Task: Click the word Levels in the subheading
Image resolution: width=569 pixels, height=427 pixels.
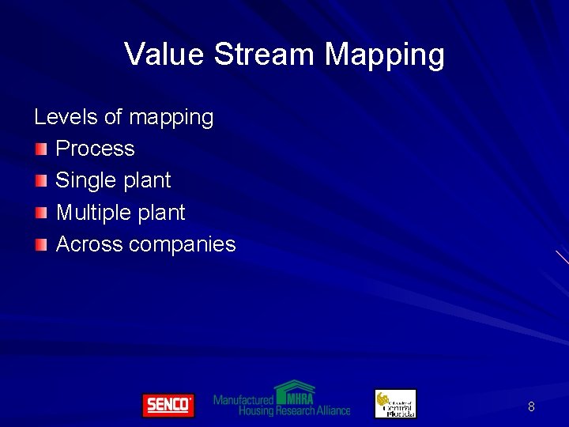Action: (66, 117)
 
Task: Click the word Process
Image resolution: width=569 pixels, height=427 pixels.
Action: (96, 149)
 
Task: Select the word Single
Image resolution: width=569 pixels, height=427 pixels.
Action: (85, 181)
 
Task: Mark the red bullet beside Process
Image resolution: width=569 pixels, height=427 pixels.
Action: (41, 149)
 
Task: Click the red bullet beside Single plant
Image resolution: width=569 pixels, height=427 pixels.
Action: (41, 180)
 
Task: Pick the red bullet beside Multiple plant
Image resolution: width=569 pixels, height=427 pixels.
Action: (41, 213)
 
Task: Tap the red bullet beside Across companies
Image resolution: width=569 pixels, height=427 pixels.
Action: (41, 244)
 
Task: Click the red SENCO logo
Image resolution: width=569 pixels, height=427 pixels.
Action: (168, 405)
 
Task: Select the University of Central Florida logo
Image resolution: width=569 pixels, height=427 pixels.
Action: (395, 403)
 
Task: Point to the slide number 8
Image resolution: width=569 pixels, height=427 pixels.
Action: (531, 406)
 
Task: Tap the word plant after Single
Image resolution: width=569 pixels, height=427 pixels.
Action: (146, 181)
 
